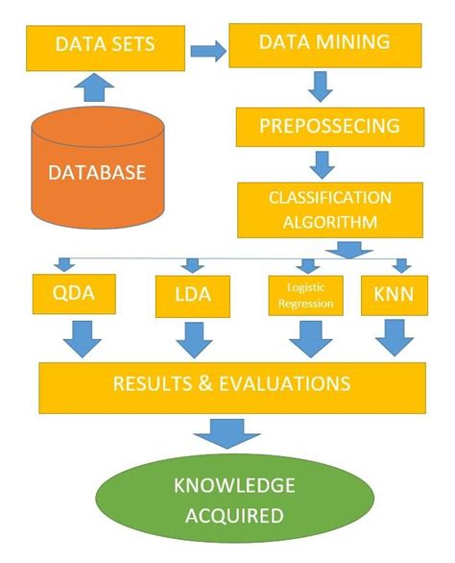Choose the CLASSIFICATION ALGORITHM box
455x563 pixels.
(x=329, y=209)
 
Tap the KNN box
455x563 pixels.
(x=388, y=296)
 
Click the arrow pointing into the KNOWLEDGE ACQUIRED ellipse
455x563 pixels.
(x=227, y=431)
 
